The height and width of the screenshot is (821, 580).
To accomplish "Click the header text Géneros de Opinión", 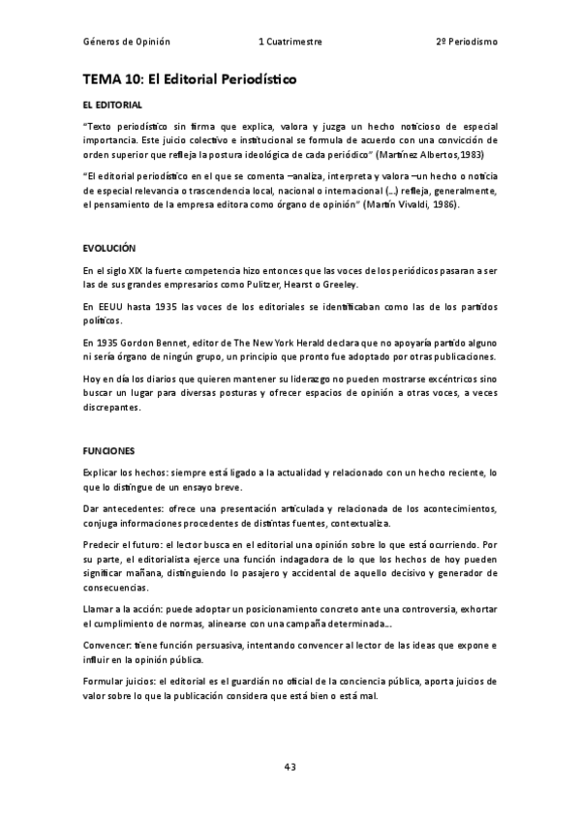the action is click(127, 43).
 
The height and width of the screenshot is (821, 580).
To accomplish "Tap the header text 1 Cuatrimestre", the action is click(290, 43).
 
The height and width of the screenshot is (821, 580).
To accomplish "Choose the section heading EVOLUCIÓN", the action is click(109, 249).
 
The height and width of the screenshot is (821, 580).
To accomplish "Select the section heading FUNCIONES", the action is click(109, 451).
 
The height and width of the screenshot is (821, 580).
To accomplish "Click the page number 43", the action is click(290, 767).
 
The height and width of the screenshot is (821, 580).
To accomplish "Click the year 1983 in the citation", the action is click(473, 154).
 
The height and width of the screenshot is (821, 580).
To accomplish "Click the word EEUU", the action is click(108, 307).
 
